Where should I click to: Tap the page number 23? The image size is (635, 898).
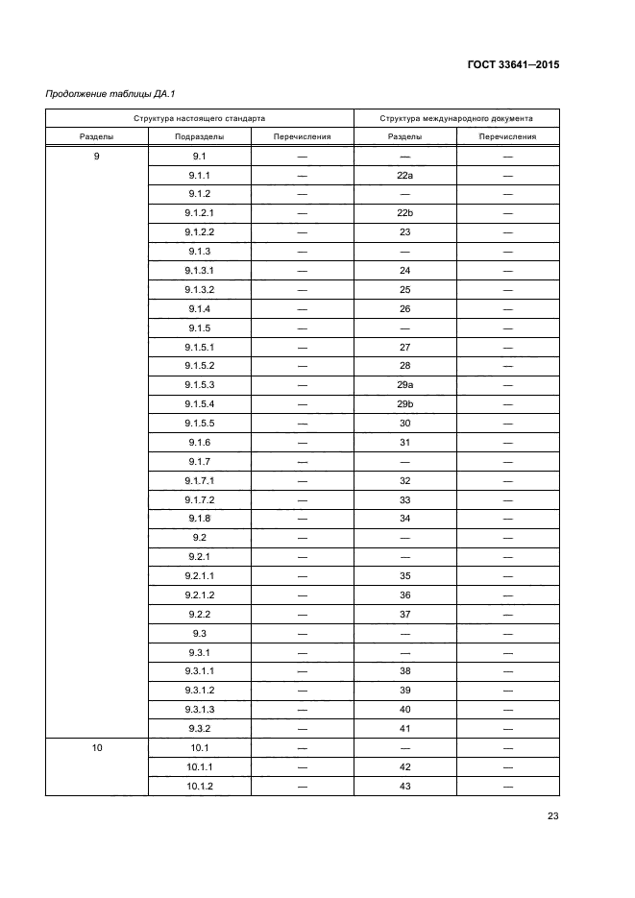[552, 816]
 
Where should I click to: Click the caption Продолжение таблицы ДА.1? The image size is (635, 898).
[102, 94]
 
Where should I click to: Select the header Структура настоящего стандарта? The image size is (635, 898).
[199, 118]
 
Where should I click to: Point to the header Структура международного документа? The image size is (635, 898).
[456, 118]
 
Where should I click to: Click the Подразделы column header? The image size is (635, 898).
[199, 136]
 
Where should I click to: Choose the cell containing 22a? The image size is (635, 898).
[404, 175]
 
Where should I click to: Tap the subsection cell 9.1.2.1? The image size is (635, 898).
[200, 213]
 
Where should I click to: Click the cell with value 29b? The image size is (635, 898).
[404, 403]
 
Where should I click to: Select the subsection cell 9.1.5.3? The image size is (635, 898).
[200, 384]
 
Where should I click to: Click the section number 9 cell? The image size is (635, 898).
[97, 156]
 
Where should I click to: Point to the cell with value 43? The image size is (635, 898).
[404, 786]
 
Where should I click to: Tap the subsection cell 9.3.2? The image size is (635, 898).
[200, 728]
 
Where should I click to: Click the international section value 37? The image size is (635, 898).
[404, 614]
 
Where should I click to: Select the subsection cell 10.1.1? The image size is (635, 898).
[200, 766]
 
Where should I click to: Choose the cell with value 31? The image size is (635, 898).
[404, 442]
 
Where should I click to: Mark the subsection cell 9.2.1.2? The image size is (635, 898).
[200, 595]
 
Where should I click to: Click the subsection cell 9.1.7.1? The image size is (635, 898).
[200, 480]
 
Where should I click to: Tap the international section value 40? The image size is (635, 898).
[404, 709]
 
